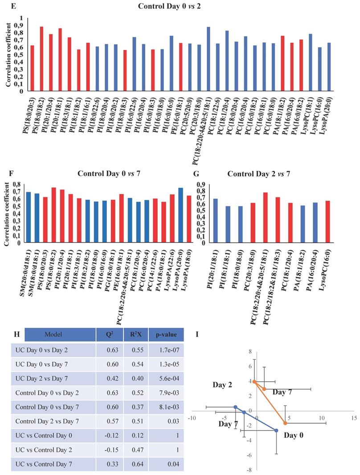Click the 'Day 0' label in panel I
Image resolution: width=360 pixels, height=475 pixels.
[294, 434]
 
